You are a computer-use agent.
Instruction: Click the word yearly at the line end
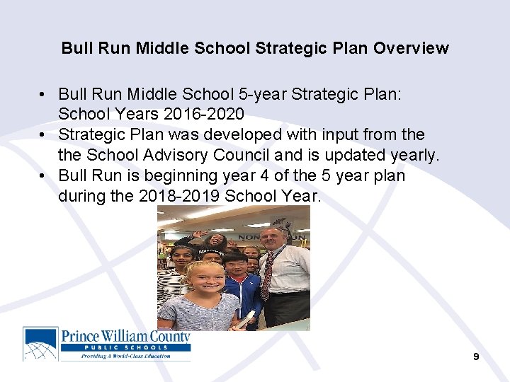pos(415,155)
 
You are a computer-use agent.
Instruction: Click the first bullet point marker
pos(44,94)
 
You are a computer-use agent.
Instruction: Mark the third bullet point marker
pos(44,175)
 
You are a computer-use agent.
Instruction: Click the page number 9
pos(476,357)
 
